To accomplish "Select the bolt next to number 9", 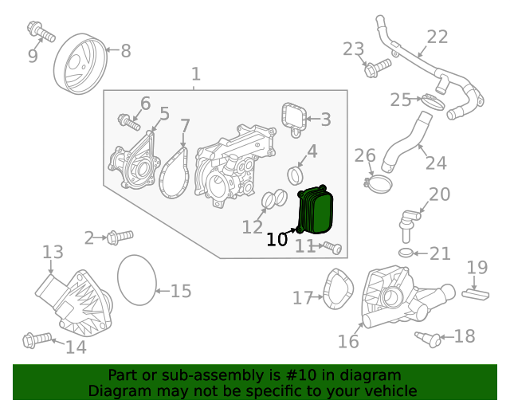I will coord(40,33).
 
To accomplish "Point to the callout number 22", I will coord(437,37).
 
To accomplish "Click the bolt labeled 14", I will coord(37,340).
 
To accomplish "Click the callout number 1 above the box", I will coord(196,75).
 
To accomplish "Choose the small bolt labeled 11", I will coord(332,248).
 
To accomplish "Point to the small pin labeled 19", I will coord(475,293).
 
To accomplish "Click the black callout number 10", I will coord(277,239).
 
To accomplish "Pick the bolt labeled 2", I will coord(118,236).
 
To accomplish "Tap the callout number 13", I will coord(53,253).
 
